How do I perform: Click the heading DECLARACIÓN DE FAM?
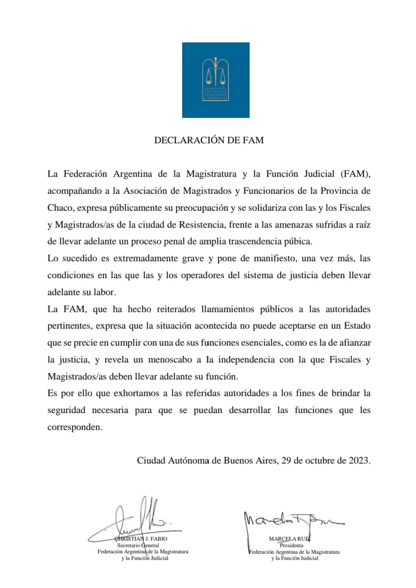209,141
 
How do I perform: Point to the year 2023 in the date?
359,460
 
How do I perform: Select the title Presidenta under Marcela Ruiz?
291,545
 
